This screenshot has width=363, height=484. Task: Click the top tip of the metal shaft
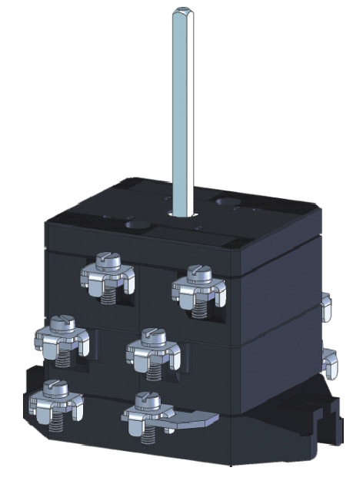click(182, 10)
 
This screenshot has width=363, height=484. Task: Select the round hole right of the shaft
click(228, 203)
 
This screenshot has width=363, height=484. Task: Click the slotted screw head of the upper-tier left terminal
click(108, 261)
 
